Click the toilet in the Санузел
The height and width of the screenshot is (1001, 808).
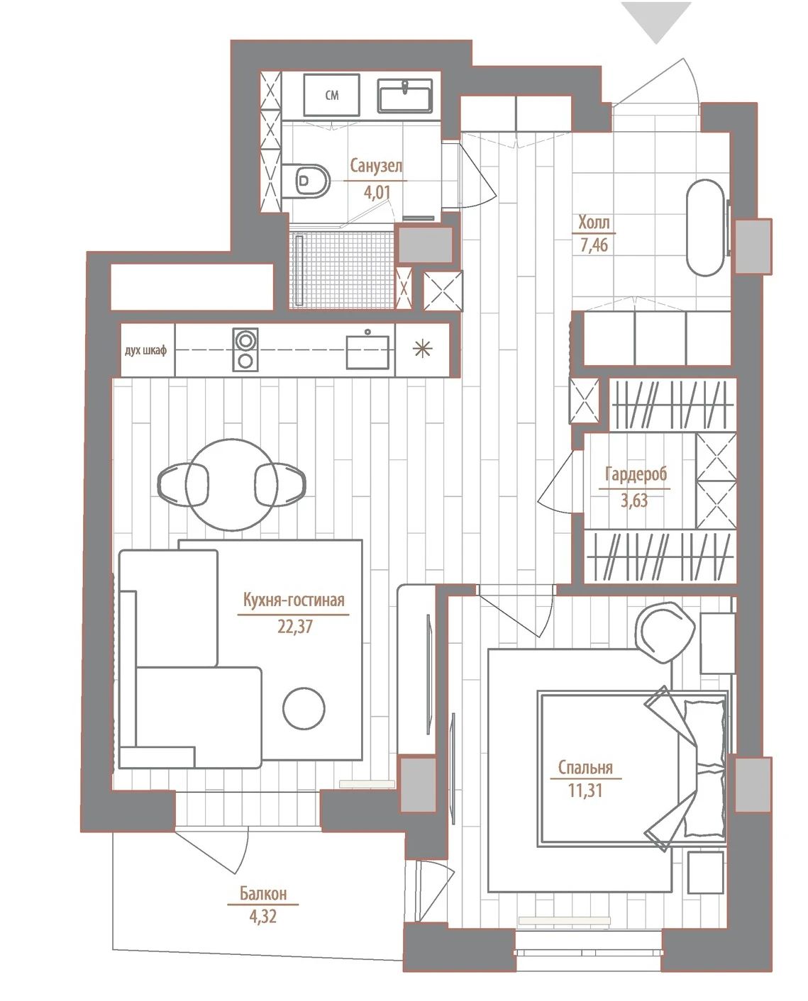pyautogui.click(x=306, y=181)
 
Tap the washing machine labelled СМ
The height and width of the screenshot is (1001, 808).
pyautogui.click(x=331, y=94)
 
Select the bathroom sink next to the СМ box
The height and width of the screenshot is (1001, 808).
pyautogui.click(x=405, y=96)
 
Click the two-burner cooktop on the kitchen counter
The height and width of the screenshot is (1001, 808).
pyautogui.click(x=245, y=349)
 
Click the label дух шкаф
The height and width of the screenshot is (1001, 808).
pyautogui.click(x=145, y=350)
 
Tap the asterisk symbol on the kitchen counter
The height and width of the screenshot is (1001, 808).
pyautogui.click(x=423, y=349)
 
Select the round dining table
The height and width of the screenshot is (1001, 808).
pyautogui.click(x=232, y=485)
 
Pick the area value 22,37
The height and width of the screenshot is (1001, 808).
pyautogui.click(x=295, y=627)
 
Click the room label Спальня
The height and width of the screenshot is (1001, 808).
pyautogui.click(x=585, y=767)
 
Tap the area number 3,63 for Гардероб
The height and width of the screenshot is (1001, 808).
pyautogui.click(x=634, y=500)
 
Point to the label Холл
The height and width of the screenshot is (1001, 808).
pyautogui.click(x=594, y=223)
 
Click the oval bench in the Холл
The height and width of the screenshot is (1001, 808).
pyautogui.click(x=706, y=228)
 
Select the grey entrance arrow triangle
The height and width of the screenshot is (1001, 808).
pyautogui.click(x=656, y=22)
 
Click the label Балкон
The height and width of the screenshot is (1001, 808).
pyautogui.click(x=263, y=893)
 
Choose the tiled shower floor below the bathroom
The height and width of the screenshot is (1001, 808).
pyautogui.click(x=341, y=269)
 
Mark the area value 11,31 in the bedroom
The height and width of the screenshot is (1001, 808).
pyautogui.click(x=585, y=790)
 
